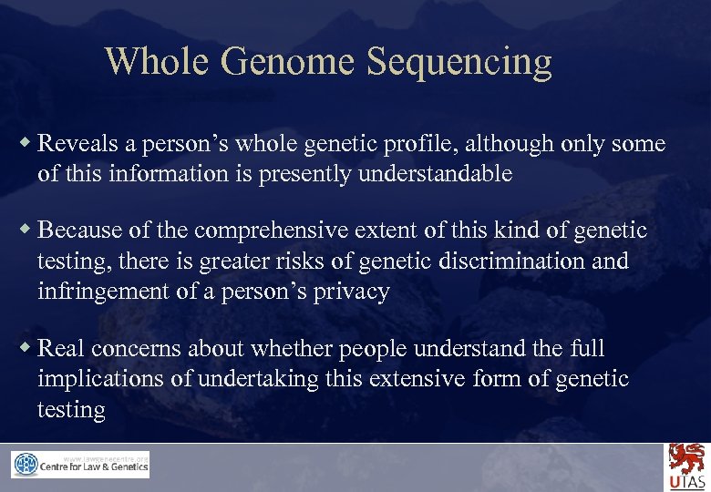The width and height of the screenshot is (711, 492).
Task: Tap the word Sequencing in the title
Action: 459,62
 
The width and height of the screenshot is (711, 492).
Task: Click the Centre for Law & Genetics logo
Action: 80,466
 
